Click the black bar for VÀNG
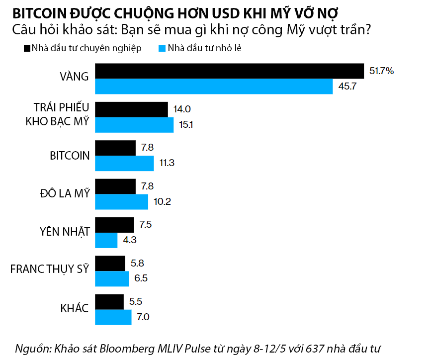click(x=229, y=71)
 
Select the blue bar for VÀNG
click(x=214, y=86)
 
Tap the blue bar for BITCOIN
click(x=124, y=163)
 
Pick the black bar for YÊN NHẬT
click(x=114, y=225)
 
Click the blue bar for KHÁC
click(x=113, y=317)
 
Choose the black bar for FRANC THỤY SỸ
click(x=110, y=264)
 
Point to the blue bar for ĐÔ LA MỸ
click(x=121, y=202)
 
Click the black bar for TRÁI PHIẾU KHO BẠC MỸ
click(x=131, y=109)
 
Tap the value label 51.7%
click(x=381, y=71)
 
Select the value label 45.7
click(x=348, y=87)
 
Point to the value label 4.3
click(x=129, y=240)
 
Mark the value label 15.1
click(x=186, y=125)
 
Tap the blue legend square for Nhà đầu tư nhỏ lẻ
click(x=162, y=48)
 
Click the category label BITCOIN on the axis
click(x=70, y=155)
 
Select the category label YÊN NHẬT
click(x=65, y=232)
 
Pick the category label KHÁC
click(x=75, y=309)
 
